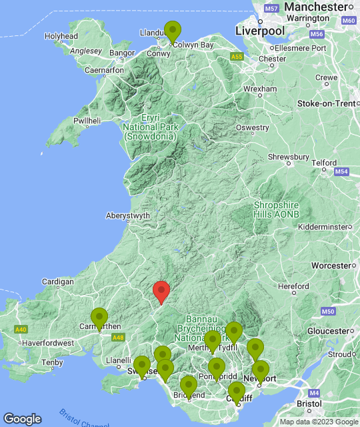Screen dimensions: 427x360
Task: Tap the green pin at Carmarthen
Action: (x=99, y=318)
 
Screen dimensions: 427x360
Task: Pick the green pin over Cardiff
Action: (x=236, y=393)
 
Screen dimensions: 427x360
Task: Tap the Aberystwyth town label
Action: (x=128, y=216)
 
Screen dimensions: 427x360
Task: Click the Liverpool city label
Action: (x=260, y=31)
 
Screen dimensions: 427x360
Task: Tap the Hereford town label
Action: (x=293, y=286)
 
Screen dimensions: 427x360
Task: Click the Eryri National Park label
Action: (x=149, y=126)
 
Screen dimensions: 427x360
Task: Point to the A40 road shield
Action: (x=21, y=330)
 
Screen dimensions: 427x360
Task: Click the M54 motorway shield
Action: (x=341, y=172)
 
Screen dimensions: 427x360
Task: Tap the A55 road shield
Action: (x=237, y=57)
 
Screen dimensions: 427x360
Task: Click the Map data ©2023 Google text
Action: (x=318, y=422)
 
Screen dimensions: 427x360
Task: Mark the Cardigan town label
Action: (x=57, y=282)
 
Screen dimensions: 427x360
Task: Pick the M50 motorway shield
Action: (x=327, y=312)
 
